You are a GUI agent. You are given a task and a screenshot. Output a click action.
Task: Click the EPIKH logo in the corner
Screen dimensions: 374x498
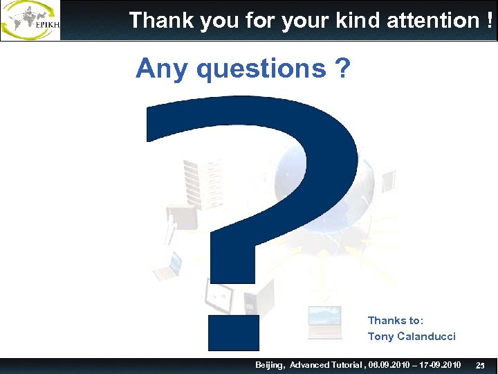point(30,20)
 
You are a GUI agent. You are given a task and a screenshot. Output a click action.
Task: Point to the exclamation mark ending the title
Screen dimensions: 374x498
point(490,20)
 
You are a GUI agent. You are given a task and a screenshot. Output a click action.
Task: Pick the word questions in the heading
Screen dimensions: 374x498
point(261,69)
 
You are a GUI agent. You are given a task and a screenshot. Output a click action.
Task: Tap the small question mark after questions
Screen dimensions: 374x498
point(342,69)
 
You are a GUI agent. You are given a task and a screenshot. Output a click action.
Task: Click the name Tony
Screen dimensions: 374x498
point(380,337)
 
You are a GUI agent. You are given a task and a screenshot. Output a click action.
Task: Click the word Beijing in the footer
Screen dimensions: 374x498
point(270,365)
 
